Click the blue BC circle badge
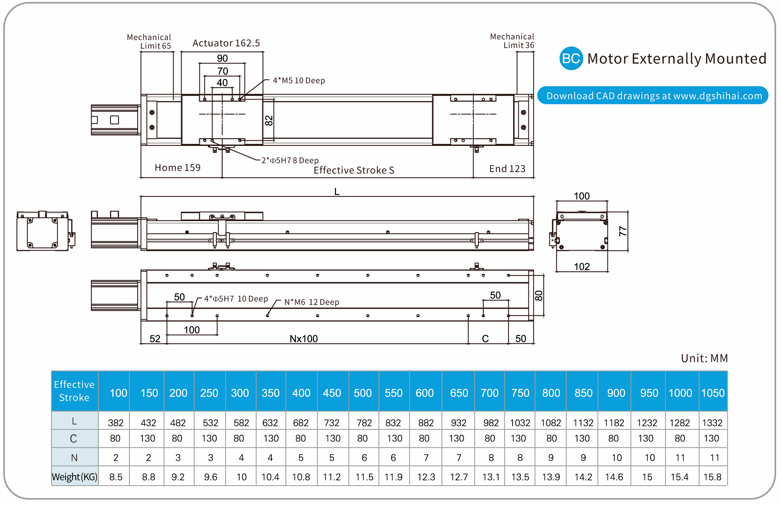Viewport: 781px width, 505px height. (x=571, y=58)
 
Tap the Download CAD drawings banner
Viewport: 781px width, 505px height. (x=653, y=96)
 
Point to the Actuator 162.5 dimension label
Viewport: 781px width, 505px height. (x=226, y=43)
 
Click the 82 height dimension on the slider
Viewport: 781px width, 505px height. (x=269, y=120)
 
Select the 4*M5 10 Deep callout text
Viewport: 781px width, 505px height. (x=299, y=80)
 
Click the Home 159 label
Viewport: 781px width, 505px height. (x=177, y=168)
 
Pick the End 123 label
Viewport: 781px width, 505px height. (x=507, y=169)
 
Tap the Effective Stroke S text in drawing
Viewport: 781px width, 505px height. (x=354, y=170)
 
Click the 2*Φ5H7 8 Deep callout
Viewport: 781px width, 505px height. (x=290, y=160)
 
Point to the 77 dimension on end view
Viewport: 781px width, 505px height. (x=623, y=231)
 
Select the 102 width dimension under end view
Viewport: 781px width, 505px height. (x=582, y=267)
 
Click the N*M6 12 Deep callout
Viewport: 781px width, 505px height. (x=311, y=302)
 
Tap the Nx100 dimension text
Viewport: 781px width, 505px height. (x=303, y=339)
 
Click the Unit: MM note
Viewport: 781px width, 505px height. (x=704, y=358)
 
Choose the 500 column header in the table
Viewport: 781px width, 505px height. (x=363, y=393)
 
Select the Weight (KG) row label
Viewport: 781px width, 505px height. (x=74, y=477)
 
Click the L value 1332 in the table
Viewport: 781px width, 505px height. (x=712, y=423)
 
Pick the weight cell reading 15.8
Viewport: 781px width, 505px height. (x=712, y=477)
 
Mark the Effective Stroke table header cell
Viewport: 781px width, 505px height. (x=74, y=391)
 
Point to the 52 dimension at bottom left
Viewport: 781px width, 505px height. (x=155, y=339)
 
